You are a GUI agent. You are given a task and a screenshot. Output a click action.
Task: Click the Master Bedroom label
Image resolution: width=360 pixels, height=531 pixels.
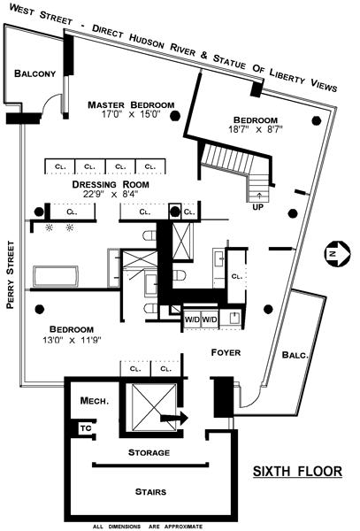click(131, 105)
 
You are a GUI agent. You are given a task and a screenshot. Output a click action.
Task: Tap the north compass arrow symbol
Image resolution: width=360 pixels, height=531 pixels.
click(337, 252)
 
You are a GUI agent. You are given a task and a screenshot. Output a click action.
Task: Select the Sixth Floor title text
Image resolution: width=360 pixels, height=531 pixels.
click(297, 471)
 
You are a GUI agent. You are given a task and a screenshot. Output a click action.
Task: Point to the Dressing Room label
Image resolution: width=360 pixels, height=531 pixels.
click(111, 185)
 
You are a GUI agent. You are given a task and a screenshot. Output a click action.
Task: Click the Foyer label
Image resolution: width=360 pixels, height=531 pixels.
click(226, 352)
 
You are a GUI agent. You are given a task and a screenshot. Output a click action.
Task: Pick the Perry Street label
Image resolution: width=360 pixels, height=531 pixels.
click(11, 274)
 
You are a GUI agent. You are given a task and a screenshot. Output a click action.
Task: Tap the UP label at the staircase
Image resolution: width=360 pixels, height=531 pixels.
click(257, 206)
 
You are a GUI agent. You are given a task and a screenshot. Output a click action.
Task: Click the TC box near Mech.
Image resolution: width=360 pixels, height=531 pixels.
click(86, 428)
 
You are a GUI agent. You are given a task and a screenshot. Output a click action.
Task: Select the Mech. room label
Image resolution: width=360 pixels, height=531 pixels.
click(95, 401)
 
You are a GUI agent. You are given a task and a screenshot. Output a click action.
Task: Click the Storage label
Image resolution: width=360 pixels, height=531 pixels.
click(149, 452)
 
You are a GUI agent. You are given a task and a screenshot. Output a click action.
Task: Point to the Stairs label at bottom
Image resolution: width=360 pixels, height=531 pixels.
click(150, 491)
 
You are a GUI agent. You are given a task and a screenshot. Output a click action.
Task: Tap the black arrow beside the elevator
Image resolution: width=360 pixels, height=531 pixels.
click(174, 418)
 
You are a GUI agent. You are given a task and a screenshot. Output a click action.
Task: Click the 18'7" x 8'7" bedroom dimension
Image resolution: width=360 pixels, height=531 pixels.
click(256, 129)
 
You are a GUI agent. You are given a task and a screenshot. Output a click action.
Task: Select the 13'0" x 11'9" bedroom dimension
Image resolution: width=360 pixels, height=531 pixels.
click(72, 340)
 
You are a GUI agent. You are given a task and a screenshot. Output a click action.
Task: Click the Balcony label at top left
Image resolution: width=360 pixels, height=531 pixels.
click(34, 73)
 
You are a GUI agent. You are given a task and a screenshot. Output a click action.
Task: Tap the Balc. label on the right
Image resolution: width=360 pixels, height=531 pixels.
click(295, 355)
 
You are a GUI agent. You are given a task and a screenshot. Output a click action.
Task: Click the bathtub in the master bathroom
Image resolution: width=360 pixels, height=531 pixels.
click(56, 276)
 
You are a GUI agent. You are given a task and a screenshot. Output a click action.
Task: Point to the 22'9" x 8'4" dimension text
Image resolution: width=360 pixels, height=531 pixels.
click(111, 194)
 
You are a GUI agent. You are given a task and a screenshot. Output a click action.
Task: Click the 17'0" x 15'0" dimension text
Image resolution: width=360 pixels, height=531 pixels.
click(131, 114)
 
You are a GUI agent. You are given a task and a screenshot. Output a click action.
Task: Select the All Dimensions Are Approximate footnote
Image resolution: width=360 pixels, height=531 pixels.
click(148, 527)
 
